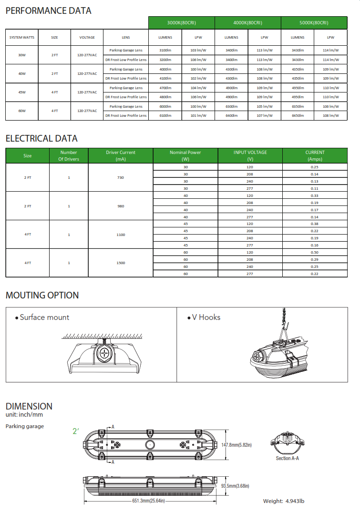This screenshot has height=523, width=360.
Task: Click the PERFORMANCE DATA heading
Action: point(48,10)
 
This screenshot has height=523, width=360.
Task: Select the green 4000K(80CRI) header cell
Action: point(248,23)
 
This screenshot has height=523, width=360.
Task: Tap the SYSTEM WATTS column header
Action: point(21,37)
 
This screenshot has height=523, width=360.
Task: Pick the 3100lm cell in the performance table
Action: point(165,50)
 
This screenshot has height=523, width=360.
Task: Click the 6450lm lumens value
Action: point(298,115)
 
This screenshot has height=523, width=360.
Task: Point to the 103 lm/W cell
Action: point(198,50)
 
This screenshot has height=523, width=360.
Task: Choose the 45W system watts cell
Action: point(22,92)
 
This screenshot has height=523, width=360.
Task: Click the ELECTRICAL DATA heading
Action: point(41,139)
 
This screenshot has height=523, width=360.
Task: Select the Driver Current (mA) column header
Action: point(121,155)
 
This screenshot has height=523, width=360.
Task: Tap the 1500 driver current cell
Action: point(121,263)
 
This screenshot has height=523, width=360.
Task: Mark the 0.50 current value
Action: point(315,252)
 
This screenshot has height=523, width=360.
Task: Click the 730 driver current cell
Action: point(121,177)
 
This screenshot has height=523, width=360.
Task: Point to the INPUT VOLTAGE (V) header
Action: point(250,155)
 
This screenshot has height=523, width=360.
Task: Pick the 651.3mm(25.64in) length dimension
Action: point(148,501)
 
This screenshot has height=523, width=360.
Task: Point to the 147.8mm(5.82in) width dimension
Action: point(237,445)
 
